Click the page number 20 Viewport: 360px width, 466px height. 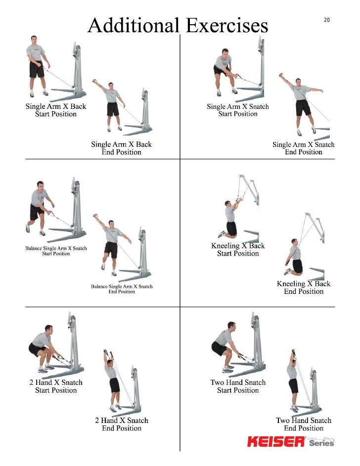pyautogui.click(x=326, y=20)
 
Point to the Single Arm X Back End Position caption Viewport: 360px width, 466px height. pyautogui.click(x=121, y=148)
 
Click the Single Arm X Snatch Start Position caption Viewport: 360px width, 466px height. pyautogui.click(x=238, y=110)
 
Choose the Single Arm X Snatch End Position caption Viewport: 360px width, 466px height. pyautogui.click(x=304, y=148)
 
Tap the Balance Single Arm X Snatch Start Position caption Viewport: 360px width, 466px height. pyautogui.click(x=56, y=250)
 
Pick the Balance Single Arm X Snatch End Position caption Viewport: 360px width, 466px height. pyautogui.click(x=122, y=289)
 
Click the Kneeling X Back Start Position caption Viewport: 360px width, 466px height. pyautogui.click(x=238, y=249)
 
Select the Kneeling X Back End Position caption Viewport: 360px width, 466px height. pyautogui.click(x=304, y=287)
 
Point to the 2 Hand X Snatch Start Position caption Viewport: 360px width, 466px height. pyautogui.click(x=56, y=386)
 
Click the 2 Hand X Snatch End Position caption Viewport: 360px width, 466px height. pyautogui.click(x=122, y=424)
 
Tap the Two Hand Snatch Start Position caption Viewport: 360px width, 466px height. pyautogui.click(x=238, y=386)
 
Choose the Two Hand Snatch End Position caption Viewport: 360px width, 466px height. pyautogui.click(x=304, y=424)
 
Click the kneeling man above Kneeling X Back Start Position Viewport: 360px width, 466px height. pyautogui.click(x=230, y=218)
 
